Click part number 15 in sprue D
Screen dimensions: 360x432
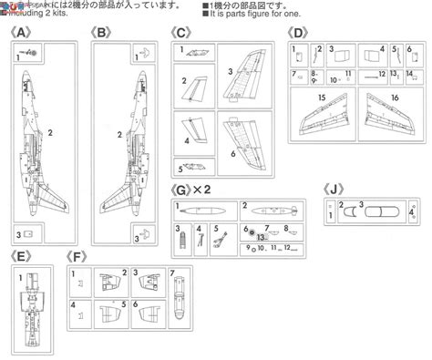coord(322,97)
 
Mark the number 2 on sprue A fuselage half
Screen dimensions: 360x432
coord(52,132)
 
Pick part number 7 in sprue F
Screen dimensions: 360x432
coord(170,273)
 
